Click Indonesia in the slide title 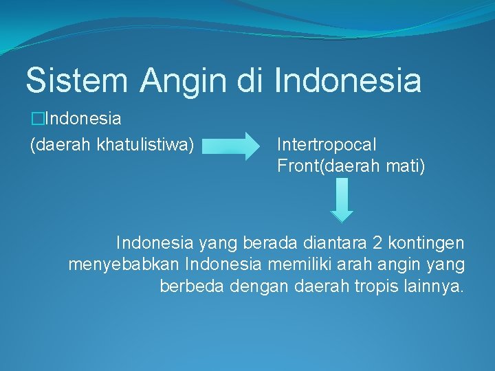(x=348, y=80)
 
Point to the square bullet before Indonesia (x=36, y=119)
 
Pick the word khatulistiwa (x=145, y=144)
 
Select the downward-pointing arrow (x=342, y=200)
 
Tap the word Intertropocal (x=327, y=144)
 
